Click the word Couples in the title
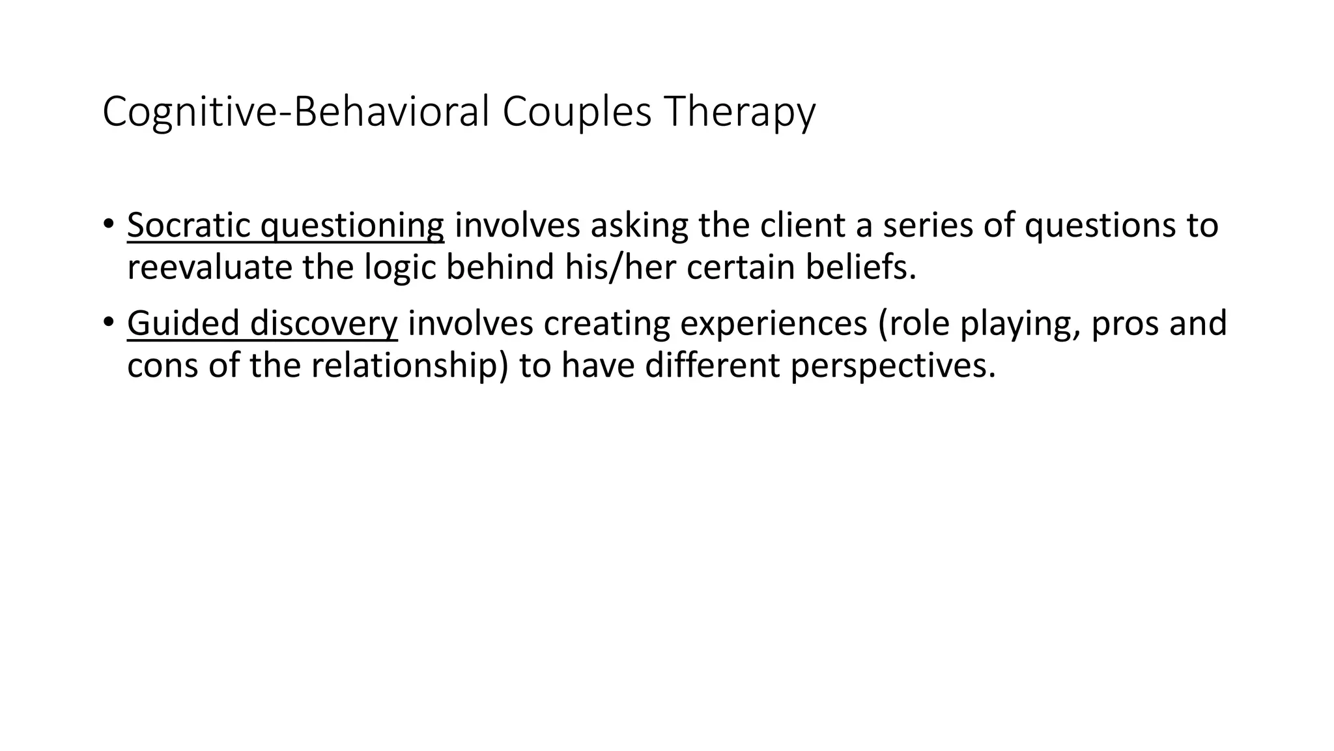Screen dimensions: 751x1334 click(576, 112)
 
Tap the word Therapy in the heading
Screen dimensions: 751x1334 click(739, 112)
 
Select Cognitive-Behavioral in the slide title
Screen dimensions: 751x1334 click(296, 112)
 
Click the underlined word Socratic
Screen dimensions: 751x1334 click(188, 226)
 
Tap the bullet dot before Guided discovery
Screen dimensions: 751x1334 click(107, 321)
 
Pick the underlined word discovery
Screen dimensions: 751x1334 click(324, 323)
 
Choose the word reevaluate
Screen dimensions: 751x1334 click(209, 268)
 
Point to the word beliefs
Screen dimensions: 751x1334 click(860, 268)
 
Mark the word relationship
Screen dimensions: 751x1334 click(404, 366)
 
